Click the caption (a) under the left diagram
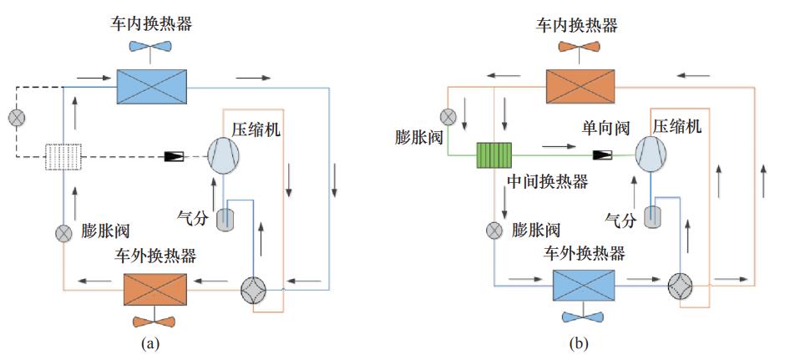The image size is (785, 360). coord(150,342)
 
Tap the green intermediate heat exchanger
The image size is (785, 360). coord(494,155)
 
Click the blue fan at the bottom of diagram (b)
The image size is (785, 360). coord(585,315)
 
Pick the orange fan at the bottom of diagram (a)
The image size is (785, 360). coord(154,320)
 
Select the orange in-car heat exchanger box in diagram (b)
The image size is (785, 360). coord(581,84)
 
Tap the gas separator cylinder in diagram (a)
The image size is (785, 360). coord(225,220)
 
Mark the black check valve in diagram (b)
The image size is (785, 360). coord(602,155)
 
